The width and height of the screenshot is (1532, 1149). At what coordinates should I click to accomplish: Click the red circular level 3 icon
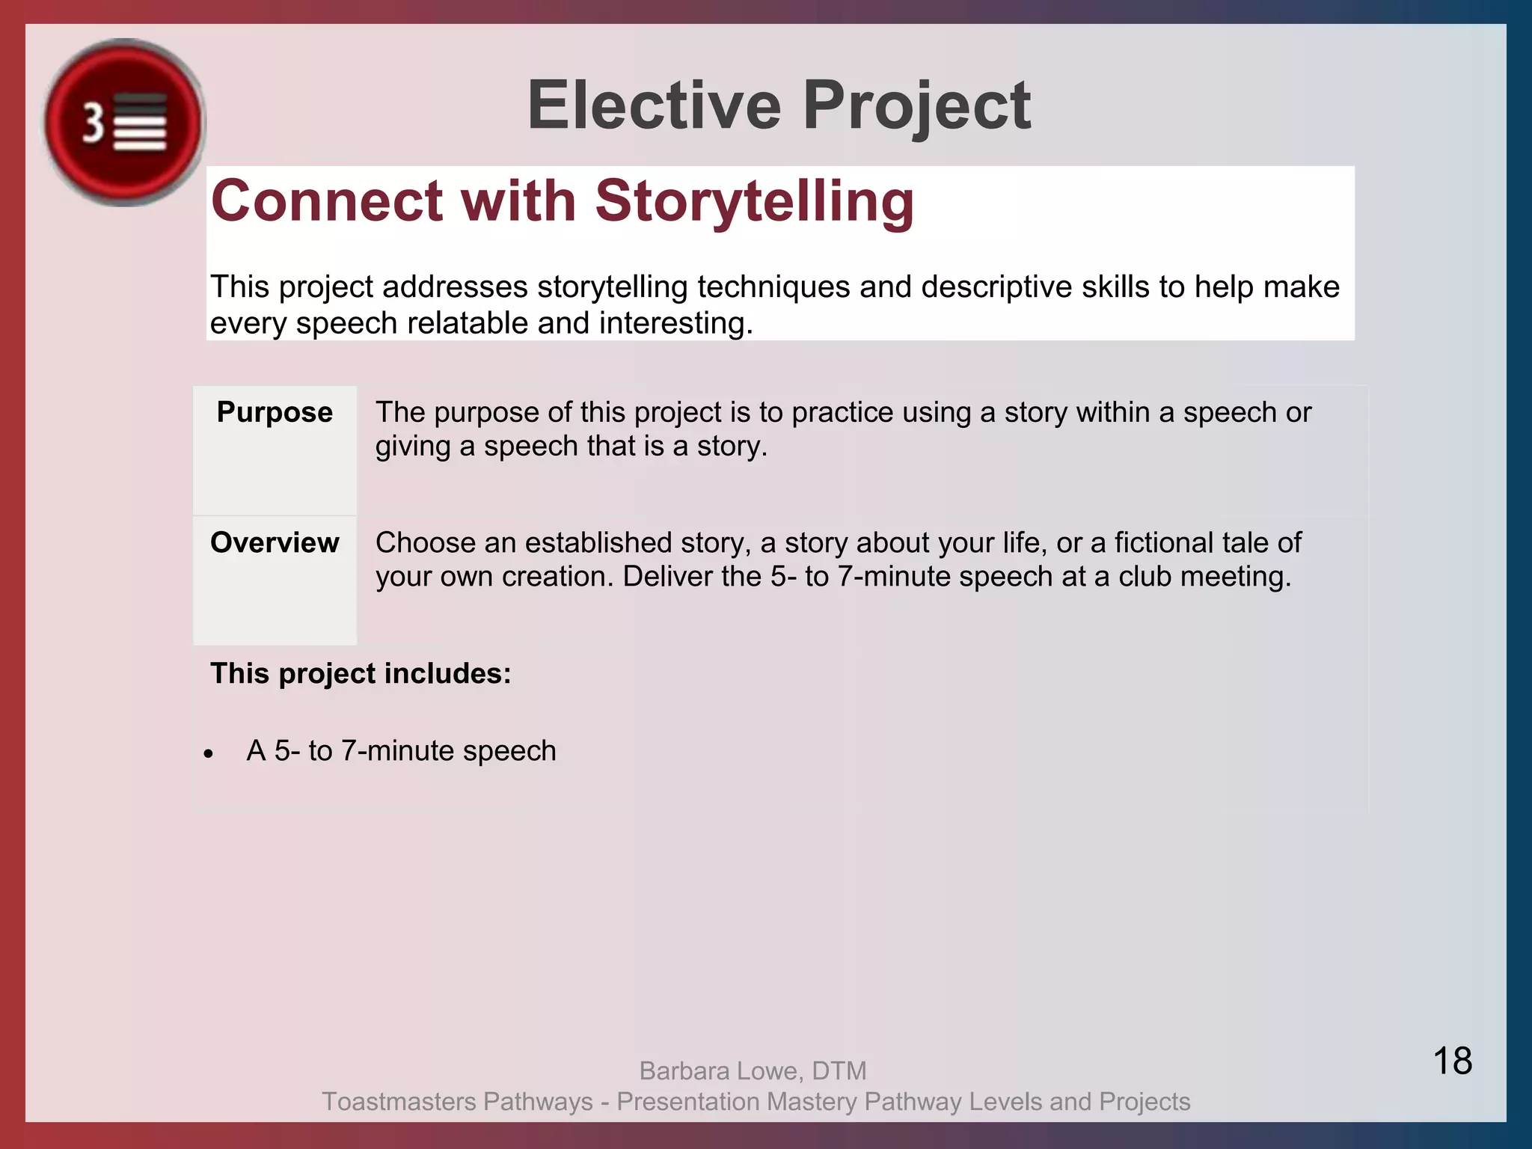click(x=123, y=122)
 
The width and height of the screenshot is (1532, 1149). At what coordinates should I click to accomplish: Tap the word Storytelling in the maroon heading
click(x=754, y=200)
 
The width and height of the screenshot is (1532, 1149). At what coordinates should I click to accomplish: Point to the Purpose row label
click(x=275, y=412)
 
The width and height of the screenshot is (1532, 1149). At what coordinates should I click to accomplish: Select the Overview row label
click(x=275, y=542)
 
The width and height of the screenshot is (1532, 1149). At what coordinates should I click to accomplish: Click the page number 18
click(x=1452, y=1061)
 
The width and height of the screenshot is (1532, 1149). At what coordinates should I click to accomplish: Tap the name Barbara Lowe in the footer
click(x=721, y=1071)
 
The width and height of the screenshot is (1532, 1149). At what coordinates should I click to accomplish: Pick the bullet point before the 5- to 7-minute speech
click(x=209, y=753)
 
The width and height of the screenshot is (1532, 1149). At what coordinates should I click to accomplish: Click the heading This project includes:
click(x=361, y=673)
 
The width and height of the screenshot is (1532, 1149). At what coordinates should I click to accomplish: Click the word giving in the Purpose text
click(x=412, y=447)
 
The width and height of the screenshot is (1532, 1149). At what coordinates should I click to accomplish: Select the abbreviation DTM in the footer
click(x=839, y=1071)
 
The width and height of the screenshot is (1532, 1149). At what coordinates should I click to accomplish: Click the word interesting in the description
click(x=675, y=324)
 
